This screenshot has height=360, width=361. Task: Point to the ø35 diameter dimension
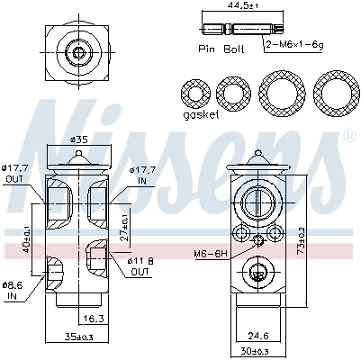tap(79, 140)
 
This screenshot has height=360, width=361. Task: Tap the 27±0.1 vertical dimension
tap(124, 220)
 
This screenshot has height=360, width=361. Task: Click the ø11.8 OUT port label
tap(141, 265)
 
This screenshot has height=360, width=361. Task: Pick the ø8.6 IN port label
tap(14, 288)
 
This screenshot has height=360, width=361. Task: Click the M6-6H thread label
tap(209, 254)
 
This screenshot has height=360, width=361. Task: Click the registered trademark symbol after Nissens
tap(349, 136)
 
